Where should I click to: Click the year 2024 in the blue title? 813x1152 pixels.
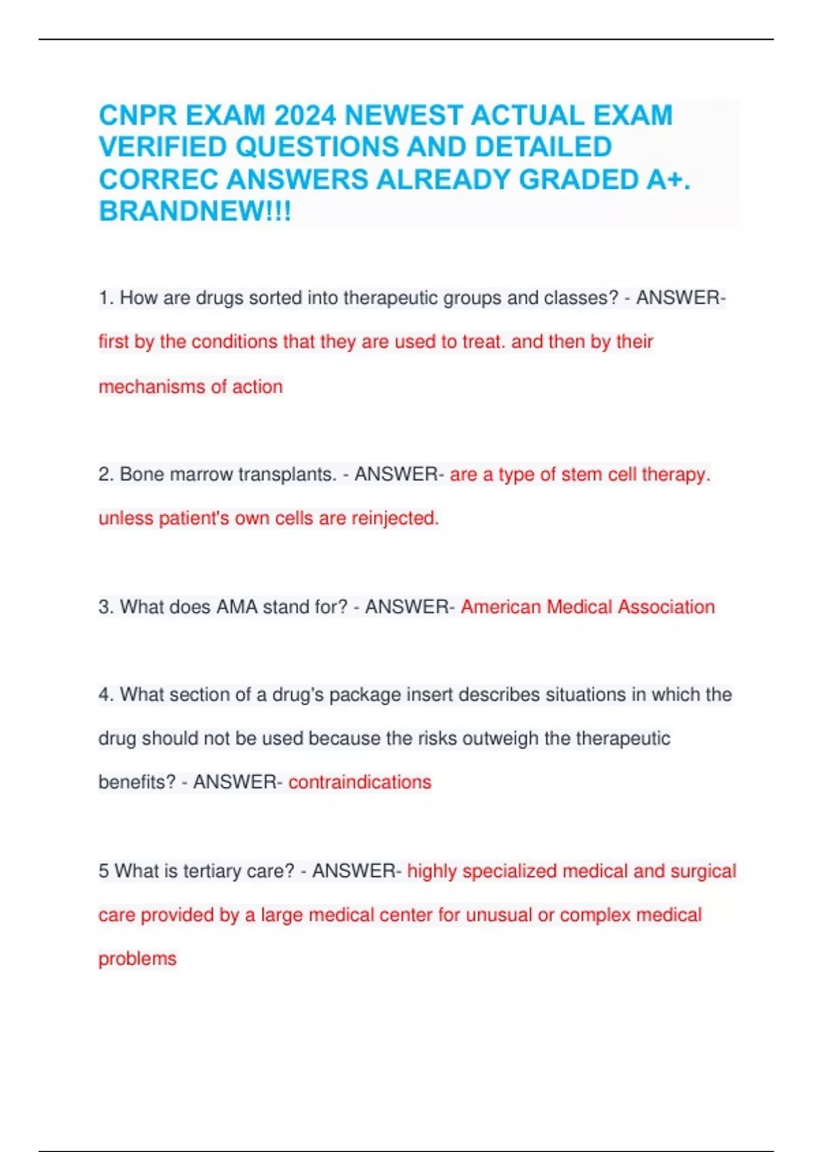pos(305,116)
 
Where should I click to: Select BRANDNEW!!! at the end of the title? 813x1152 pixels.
pos(195,212)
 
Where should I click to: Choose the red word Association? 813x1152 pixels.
pos(666,606)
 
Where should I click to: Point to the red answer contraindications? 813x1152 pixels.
pos(360,782)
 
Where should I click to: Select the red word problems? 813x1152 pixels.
pos(138,959)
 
